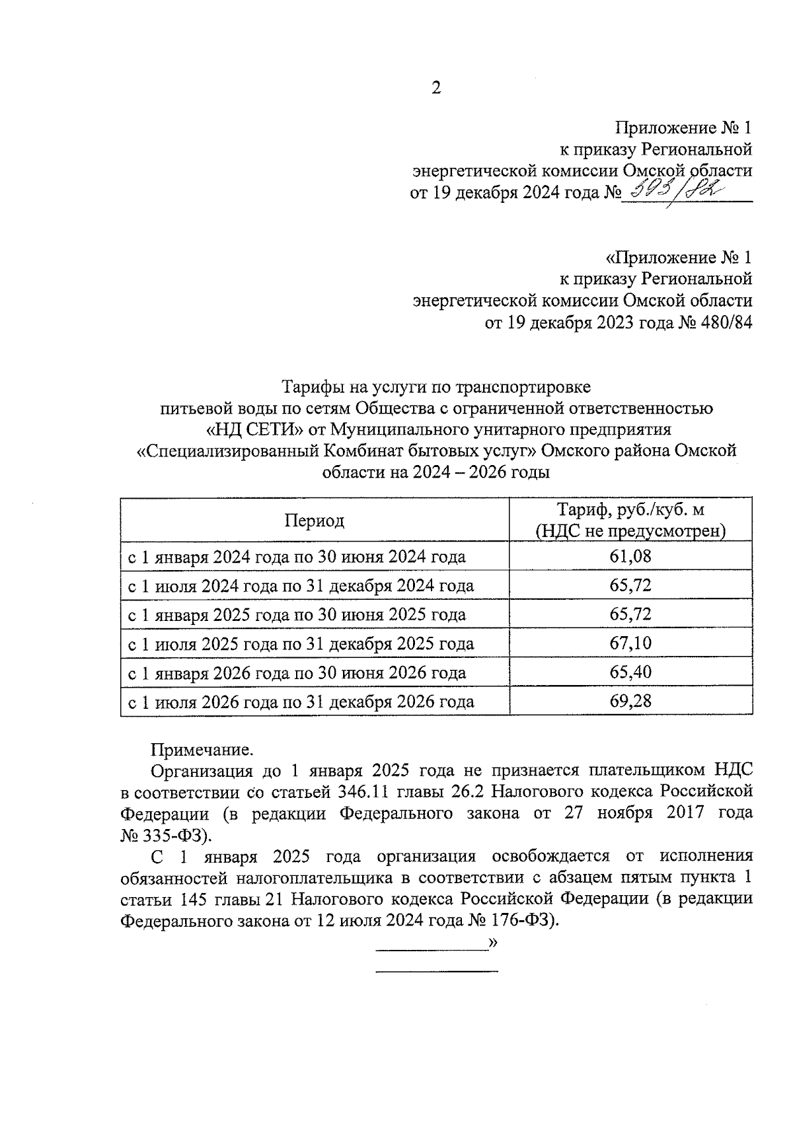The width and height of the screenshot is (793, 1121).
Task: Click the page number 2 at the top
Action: coord(435,89)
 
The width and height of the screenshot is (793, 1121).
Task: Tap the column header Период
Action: coord(315,521)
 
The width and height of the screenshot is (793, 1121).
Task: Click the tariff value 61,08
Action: coord(630,556)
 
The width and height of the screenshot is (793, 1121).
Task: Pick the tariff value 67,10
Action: coord(630,643)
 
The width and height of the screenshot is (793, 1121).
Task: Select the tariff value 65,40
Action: coord(630,672)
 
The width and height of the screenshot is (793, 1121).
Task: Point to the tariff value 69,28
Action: coord(630,701)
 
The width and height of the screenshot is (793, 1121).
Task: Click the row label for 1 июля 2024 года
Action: coord(301,586)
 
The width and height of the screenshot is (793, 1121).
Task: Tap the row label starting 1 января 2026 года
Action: coord(297,673)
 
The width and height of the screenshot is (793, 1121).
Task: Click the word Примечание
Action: coord(202,750)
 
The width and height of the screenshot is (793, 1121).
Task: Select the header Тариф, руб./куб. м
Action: coord(630,510)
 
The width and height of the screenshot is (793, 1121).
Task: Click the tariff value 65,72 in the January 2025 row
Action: coord(630,614)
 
